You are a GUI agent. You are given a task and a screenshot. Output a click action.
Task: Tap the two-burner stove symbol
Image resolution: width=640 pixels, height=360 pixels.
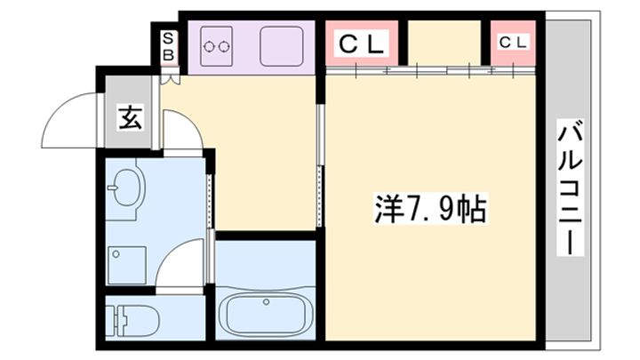pyautogui.click(x=218, y=44)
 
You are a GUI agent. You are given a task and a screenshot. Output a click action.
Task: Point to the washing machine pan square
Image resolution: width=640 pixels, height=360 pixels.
pyautogui.click(x=126, y=263)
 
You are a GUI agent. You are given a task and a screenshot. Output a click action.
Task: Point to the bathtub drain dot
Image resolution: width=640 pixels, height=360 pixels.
pyautogui.click(x=265, y=303)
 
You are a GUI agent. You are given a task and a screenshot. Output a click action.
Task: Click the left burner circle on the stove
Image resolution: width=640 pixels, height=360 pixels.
pyautogui.click(x=211, y=44)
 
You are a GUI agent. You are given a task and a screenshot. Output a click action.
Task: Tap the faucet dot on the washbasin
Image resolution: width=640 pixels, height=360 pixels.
pyautogui.click(x=114, y=187)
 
